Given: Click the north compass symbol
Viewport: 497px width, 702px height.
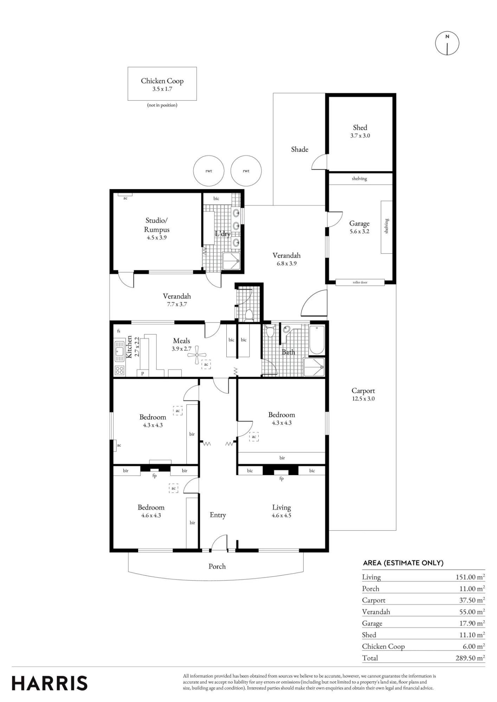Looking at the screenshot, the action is point(447,43).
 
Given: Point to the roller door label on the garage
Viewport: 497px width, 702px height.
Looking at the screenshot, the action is point(360,282).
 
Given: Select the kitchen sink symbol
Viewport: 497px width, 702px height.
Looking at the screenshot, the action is point(120,351).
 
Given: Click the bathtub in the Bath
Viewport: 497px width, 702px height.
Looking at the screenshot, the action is point(317,339).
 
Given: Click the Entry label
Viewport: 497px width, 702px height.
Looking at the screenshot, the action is point(218,515).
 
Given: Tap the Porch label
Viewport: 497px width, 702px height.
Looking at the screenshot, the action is point(217,566).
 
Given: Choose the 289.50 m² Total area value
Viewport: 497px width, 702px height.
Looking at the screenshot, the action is point(470,658).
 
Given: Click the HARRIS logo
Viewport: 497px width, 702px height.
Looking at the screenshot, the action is point(50,683).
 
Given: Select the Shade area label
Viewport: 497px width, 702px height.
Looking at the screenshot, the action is point(299,150).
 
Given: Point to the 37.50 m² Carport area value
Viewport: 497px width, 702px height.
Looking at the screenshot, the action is point(472,600).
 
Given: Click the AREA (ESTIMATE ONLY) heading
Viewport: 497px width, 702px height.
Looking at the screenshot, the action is point(403,563).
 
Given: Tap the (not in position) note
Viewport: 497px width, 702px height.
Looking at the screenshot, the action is point(162,105).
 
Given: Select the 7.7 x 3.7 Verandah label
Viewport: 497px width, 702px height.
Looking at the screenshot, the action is point(177,304).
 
